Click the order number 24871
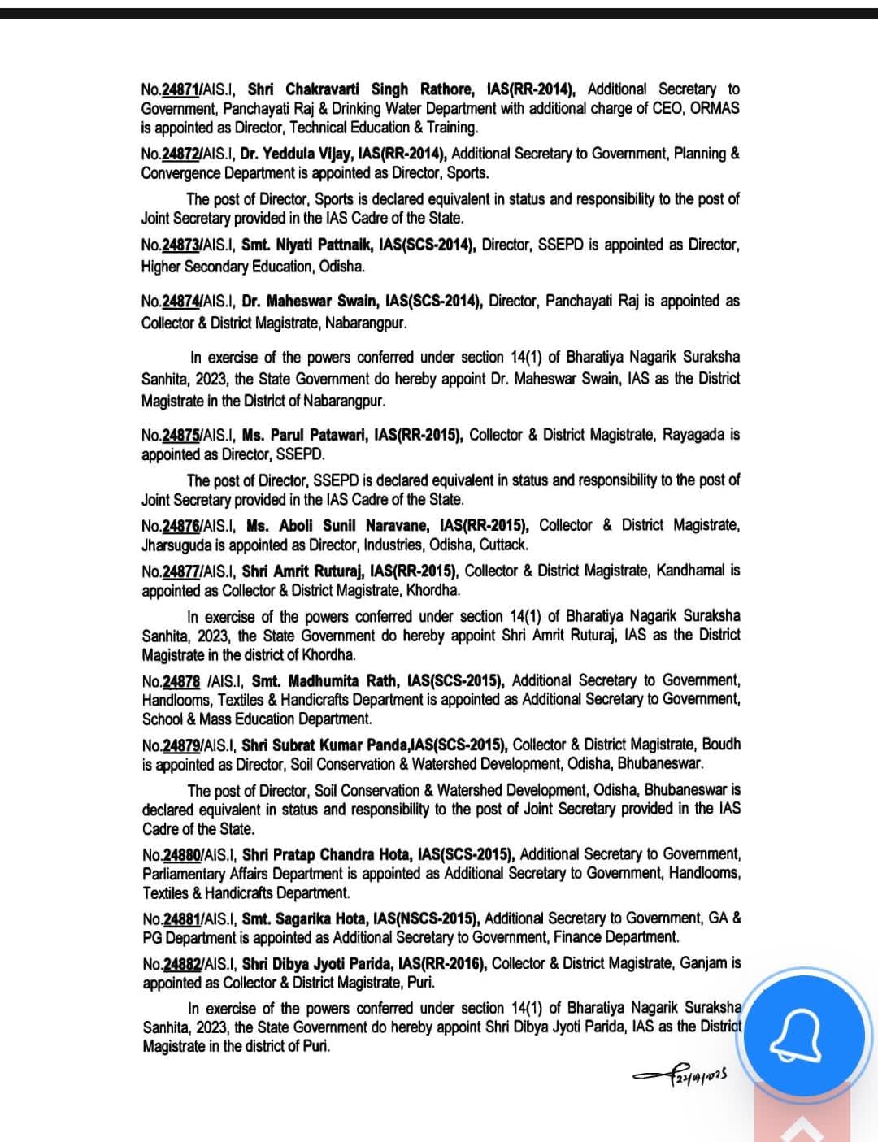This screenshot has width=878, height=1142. tap(181, 89)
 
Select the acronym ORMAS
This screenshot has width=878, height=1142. tap(715, 108)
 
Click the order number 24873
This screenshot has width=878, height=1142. tap(181, 245)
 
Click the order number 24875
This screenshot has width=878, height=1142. tap(181, 435)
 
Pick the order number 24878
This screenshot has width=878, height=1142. tap(181, 680)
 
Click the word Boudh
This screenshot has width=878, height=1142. tap(722, 745)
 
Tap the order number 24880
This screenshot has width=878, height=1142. tap(181, 854)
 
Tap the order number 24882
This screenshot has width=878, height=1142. tap(182, 963)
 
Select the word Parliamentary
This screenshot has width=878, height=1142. tap(190, 874)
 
